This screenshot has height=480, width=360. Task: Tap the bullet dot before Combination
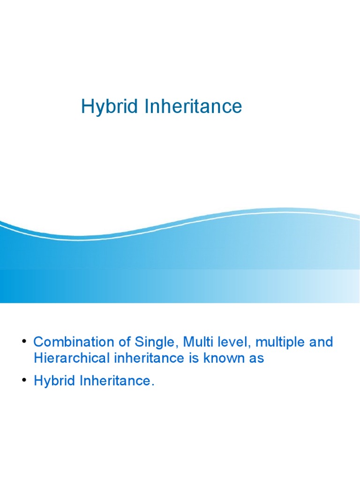click(x=23, y=341)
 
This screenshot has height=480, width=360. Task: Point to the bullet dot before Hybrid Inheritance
click(x=23, y=380)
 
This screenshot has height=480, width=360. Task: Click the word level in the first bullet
click(x=226, y=342)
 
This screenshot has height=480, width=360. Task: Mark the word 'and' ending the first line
click(x=321, y=342)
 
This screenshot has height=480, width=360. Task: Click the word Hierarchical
click(x=71, y=359)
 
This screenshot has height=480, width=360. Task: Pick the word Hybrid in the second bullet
click(x=52, y=382)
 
